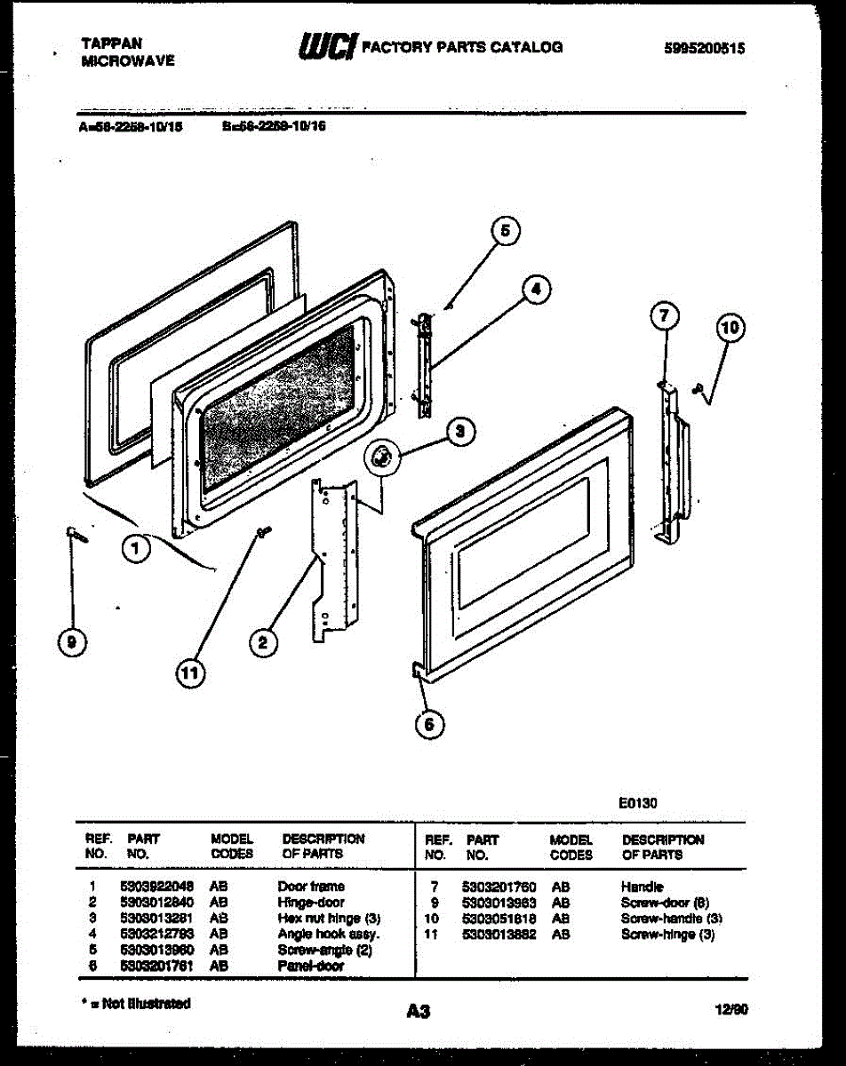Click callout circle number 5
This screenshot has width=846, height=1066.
(x=505, y=232)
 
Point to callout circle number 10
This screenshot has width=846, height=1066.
(x=730, y=329)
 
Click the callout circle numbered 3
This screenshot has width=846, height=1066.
(x=459, y=433)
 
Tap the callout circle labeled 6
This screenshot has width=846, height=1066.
(x=429, y=724)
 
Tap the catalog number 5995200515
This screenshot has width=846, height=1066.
(x=704, y=49)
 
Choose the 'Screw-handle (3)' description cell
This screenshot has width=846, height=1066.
(x=671, y=919)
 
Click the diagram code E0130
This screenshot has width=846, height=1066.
(x=637, y=803)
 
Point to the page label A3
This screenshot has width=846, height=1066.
(x=419, y=1010)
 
